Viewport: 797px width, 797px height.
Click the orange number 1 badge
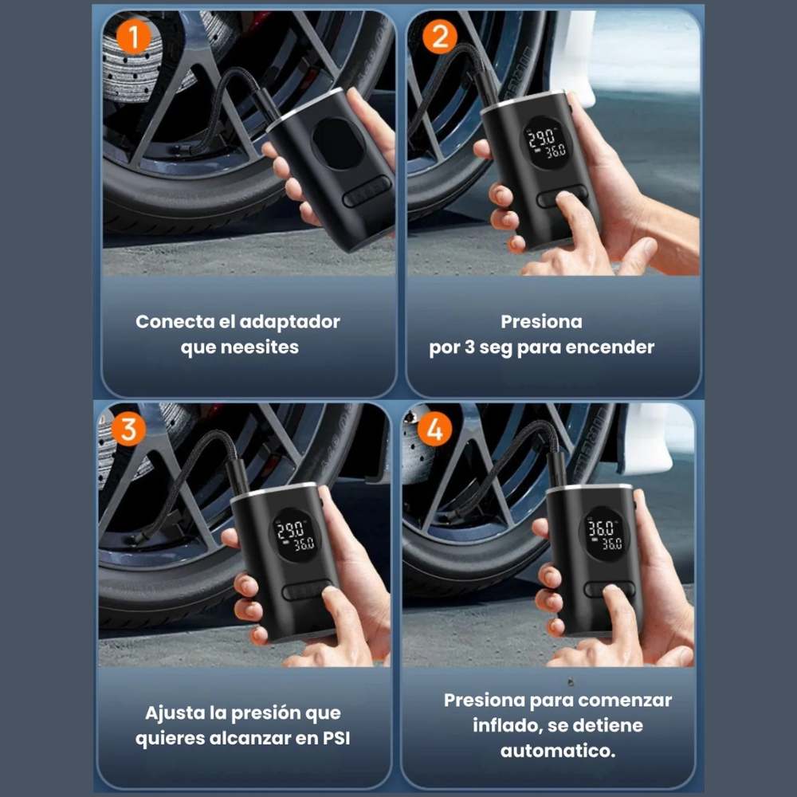(134, 37)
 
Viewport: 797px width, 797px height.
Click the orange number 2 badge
(440, 37)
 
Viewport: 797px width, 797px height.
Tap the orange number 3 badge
(128, 429)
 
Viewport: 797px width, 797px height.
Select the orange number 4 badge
(434, 429)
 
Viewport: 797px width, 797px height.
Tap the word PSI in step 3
(337, 738)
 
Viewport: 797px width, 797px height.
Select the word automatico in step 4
(558, 751)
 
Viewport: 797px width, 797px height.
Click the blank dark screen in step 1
(338, 143)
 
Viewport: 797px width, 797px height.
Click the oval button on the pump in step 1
(367, 191)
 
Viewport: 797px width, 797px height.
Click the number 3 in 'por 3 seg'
(469, 347)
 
